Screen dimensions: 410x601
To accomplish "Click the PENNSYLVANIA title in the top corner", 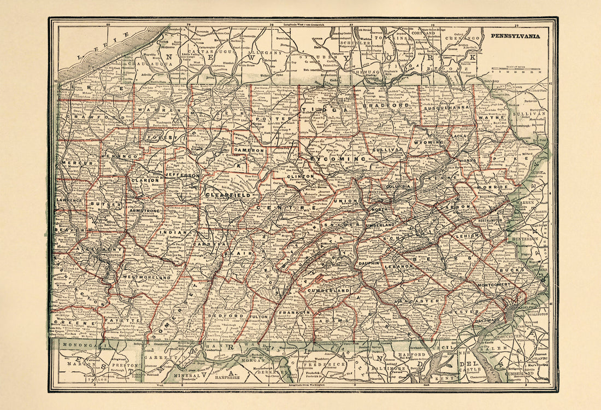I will (515, 36).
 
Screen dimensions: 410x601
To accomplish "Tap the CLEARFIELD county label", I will (228, 195).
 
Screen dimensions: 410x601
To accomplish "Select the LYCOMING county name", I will (337, 159).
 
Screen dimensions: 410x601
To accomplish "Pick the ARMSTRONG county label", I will (145, 210).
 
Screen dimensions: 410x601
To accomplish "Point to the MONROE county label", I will (493, 186).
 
